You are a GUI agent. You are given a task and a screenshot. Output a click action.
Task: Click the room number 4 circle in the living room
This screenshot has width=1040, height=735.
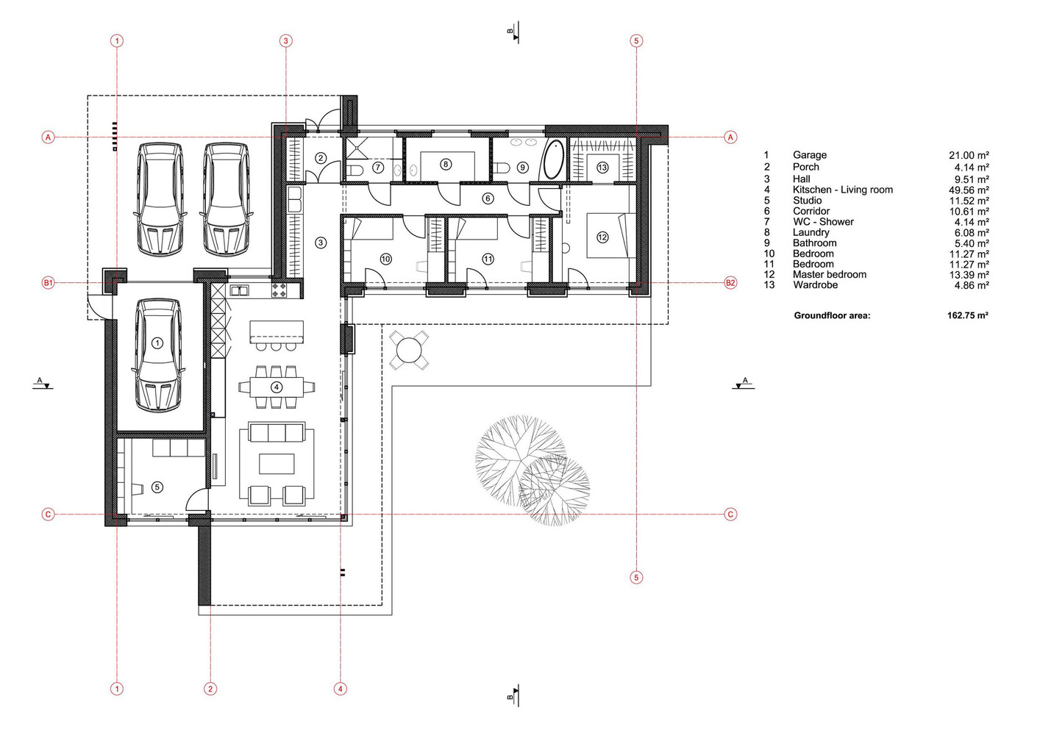[x=277, y=387]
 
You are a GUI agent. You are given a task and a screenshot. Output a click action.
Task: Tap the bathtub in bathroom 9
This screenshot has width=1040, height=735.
[x=553, y=159]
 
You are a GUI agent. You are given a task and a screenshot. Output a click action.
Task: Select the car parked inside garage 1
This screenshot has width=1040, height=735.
[x=157, y=355]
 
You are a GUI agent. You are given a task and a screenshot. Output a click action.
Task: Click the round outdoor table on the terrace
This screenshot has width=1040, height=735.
[x=409, y=350]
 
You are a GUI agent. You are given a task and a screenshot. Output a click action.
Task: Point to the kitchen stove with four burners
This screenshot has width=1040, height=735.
[x=280, y=290]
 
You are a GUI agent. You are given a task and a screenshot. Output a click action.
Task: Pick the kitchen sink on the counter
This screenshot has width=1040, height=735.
[x=240, y=290]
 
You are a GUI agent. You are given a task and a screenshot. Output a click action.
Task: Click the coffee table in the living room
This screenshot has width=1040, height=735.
[x=277, y=464]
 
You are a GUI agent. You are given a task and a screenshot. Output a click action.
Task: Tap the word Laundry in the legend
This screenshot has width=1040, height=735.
[x=811, y=232]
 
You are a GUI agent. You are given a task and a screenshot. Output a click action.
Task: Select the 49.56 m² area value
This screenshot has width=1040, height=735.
[x=969, y=190]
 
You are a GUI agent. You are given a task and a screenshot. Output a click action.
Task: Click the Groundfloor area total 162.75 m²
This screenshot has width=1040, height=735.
[x=968, y=315]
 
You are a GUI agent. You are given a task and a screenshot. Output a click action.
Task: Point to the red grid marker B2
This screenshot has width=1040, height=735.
[x=730, y=282]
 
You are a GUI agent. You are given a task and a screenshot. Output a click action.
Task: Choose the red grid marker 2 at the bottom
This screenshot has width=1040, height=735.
[x=210, y=689]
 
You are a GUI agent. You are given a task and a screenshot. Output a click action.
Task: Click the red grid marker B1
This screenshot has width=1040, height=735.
[x=49, y=282]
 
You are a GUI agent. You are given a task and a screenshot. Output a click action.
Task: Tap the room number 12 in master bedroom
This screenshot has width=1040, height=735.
[x=602, y=237]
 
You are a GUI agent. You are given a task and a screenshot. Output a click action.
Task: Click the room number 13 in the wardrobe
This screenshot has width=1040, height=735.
[x=602, y=167]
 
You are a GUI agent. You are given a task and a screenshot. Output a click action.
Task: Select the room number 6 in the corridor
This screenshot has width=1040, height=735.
[x=488, y=198]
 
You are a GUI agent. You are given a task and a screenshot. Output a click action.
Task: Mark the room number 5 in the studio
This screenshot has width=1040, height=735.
[x=157, y=487]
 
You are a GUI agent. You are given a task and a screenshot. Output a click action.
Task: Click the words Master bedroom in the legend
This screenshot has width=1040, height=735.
[x=829, y=275]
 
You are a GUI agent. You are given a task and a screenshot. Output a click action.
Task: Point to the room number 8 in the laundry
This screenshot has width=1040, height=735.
[x=445, y=164]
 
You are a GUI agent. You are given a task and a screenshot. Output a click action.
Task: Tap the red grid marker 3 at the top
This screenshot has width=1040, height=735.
[x=285, y=41]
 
